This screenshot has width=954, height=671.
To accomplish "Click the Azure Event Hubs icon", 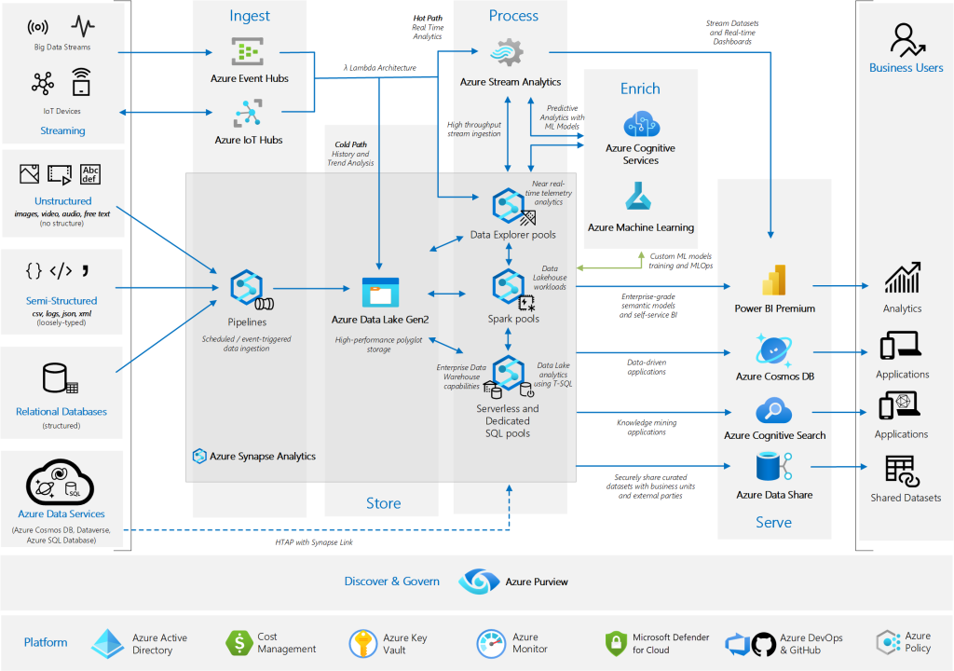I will pos(249,52).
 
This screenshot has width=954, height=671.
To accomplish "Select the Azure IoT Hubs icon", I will pos(247,115).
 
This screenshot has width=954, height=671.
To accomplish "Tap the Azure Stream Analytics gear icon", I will pos(509,52).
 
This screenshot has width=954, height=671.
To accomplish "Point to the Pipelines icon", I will pos(247,288).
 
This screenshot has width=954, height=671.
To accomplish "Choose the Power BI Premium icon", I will pos(775,281).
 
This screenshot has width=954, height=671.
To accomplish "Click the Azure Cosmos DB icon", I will pos(774,350).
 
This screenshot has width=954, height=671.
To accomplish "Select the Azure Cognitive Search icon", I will pos(774,411).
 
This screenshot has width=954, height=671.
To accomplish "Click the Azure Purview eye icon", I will pos(478,582).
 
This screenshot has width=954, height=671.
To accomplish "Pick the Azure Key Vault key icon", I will pos(362,643).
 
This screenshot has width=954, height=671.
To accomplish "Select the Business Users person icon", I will pos(905,40).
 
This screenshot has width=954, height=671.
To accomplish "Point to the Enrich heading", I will pos(640,89).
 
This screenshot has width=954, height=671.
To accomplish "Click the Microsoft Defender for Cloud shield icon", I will pos(616,643).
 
